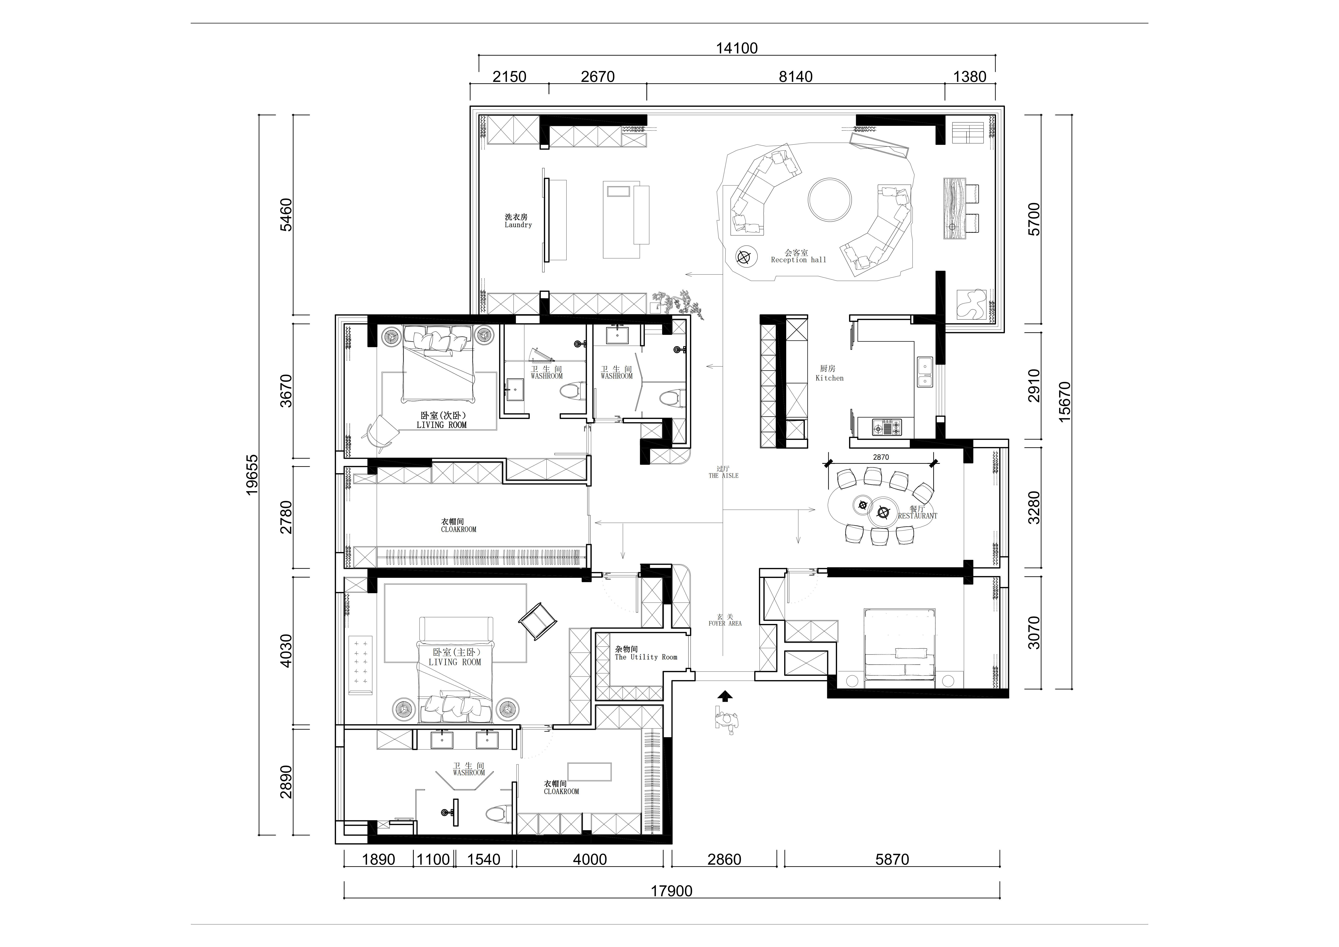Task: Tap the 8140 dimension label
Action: [796, 76]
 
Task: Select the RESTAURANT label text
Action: [917, 516]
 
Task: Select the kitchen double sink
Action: [924, 372]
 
